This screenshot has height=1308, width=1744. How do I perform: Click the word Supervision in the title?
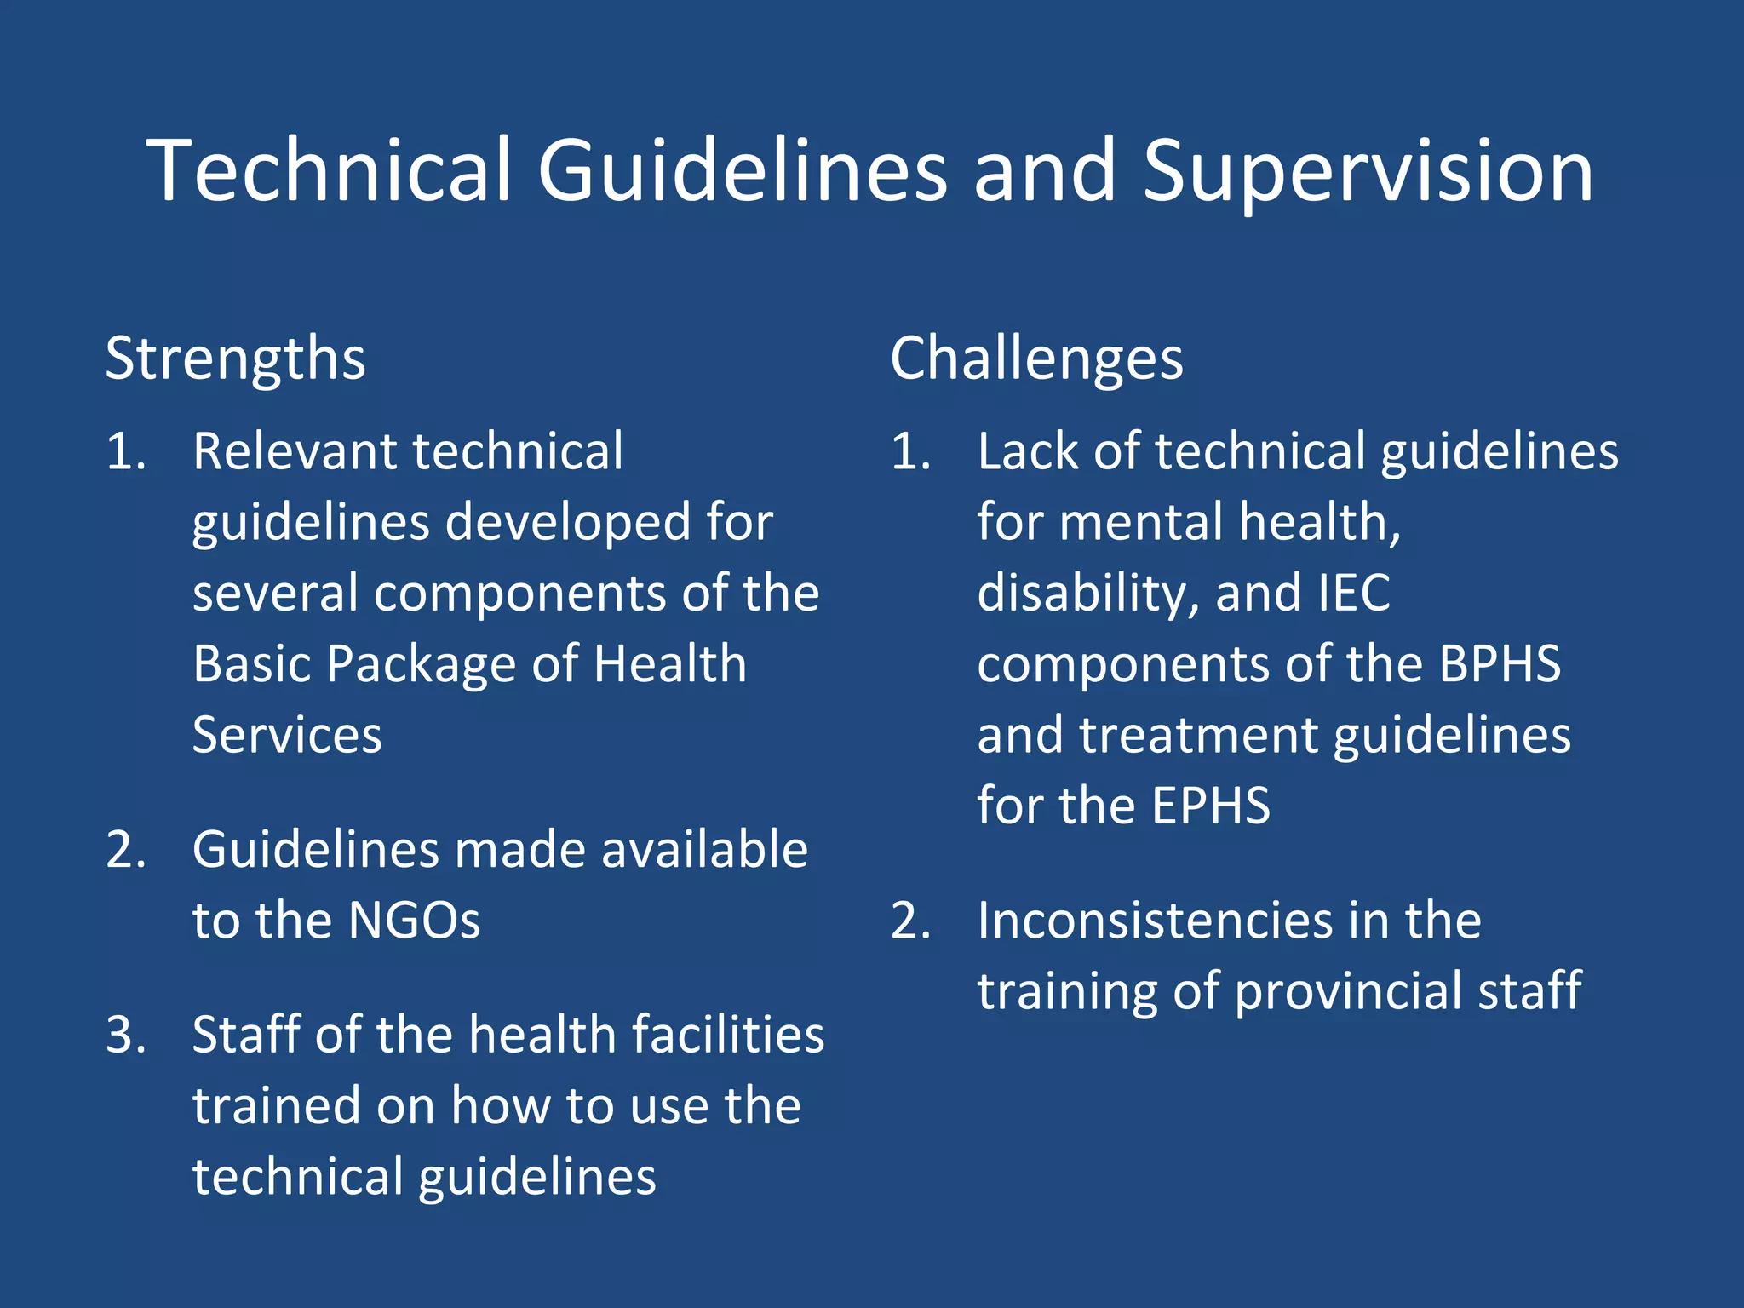click(1367, 172)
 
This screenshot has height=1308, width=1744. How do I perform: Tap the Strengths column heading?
click(235, 359)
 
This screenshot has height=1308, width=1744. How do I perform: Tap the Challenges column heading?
click(1036, 359)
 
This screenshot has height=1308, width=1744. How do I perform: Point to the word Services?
click(287, 735)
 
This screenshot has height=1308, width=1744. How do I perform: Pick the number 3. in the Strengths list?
click(126, 1035)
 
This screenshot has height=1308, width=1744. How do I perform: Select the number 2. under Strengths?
click(126, 850)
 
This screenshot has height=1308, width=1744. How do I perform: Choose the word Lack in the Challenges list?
click(1028, 451)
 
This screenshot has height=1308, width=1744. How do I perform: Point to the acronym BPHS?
click(1500, 664)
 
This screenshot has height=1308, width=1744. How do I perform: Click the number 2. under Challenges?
click(911, 921)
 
